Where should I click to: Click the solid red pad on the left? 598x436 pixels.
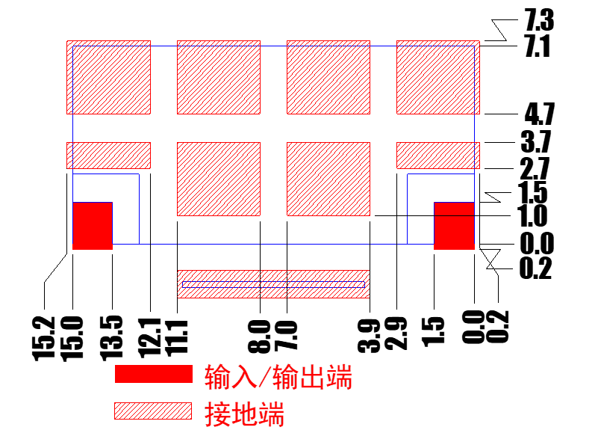(93, 226)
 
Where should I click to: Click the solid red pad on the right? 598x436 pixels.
(454, 226)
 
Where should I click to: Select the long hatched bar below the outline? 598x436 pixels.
(273, 284)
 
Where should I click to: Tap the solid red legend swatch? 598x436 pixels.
(154, 374)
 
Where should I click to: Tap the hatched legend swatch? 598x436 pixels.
(153, 411)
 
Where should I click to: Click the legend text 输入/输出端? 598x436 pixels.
(278, 377)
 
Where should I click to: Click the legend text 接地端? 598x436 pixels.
(244, 414)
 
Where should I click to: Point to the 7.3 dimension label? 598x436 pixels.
(539, 20)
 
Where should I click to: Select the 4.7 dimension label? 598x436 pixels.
(540, 114)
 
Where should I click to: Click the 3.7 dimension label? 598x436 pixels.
(536, 141)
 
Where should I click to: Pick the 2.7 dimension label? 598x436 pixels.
(535, 168)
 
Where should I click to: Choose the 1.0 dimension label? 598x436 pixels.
(532, 216)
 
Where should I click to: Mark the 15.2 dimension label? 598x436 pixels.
(44, 339)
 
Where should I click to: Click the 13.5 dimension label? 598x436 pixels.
(112, 338)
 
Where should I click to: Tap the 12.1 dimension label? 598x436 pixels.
(150, 338)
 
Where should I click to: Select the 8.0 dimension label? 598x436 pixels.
(259, 337)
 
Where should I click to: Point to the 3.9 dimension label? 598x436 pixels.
(369, 336)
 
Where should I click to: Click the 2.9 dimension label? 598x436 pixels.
(396, 334)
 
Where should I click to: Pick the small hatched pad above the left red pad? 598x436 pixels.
(109, 156)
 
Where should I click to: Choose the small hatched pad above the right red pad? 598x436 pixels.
(438, 156)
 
